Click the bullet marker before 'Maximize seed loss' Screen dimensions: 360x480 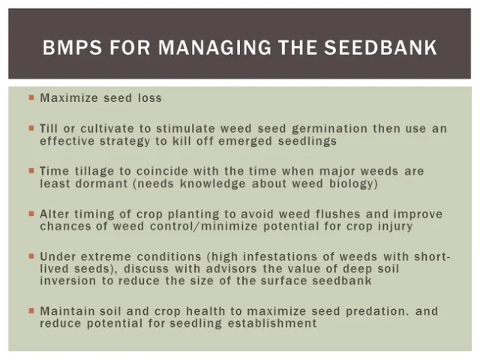point(31,97)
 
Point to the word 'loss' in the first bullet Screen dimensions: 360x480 point(149,97)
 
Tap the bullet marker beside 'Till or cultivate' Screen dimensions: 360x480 point(31,129)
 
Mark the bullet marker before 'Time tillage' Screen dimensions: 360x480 point(31,172)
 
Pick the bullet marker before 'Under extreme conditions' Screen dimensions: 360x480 point(31,256)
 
